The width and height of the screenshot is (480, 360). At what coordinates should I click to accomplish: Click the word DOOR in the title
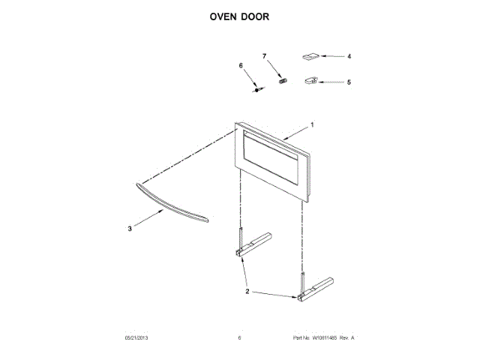(x=256, y=16)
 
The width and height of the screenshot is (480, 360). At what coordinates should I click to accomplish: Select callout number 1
(x=312, y=124)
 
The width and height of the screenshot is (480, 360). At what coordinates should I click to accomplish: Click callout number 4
(x=349, y=56)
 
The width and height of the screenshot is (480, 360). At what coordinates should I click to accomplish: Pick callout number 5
(x=349, y=82)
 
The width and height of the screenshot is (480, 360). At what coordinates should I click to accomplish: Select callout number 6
(x=241, y=66)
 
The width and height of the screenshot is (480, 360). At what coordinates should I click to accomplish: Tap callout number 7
(x=264, y=56)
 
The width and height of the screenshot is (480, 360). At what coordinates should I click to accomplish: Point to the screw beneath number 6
(x=259, y=89)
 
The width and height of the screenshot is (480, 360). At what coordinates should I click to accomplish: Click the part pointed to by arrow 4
(x=310, y=56)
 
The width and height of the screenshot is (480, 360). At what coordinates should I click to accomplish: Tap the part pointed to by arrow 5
(x=310, y=80)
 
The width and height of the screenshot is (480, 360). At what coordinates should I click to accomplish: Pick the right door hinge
(x=314, y=288)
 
